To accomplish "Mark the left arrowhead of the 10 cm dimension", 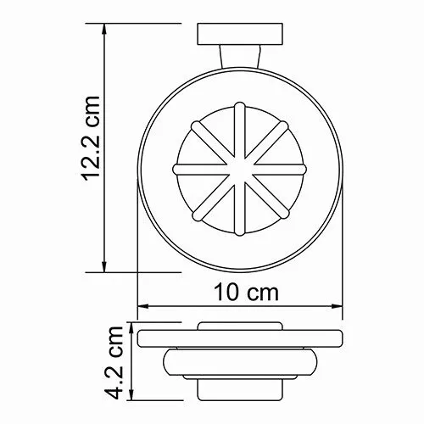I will [x=142, y=307].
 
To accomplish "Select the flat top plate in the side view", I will [x=240, y=339].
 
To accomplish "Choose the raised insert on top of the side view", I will [x=241, y=326].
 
